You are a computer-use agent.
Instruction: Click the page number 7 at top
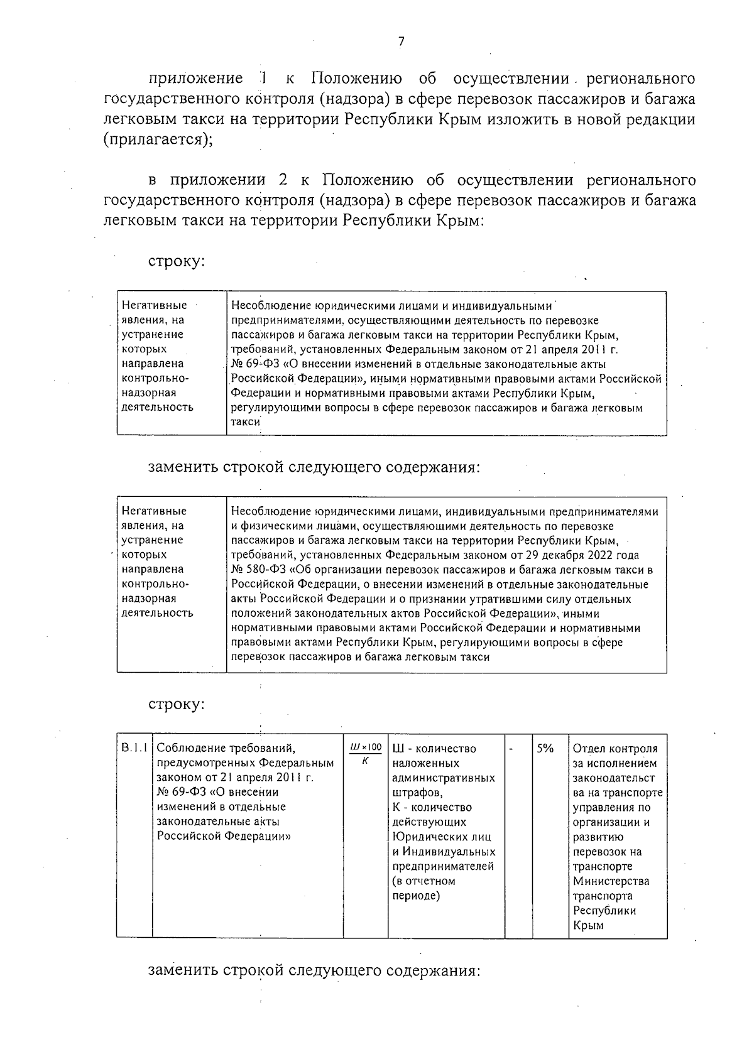tap(401, 42)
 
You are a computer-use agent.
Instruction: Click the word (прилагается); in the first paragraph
tap(158, 140)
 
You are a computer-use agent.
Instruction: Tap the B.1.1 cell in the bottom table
tap(134, 749)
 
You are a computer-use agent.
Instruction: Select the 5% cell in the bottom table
tap(545, 749)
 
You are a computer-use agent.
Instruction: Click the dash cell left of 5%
tap(511, 749)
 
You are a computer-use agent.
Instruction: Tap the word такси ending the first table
tap(246, 423)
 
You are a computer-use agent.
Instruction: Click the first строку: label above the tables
tap(177, 261)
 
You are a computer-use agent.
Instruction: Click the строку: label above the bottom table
tap(177, 705)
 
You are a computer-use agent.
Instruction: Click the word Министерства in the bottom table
tap(611, 881)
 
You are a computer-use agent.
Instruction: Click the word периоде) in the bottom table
tap(415, 896)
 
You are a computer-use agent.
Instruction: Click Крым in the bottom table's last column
tap(588, 925)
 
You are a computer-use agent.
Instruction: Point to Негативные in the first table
tap(154, 306)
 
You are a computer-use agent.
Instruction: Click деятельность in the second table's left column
tap(157, 613)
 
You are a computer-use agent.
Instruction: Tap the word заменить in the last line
tap(182, 970)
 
